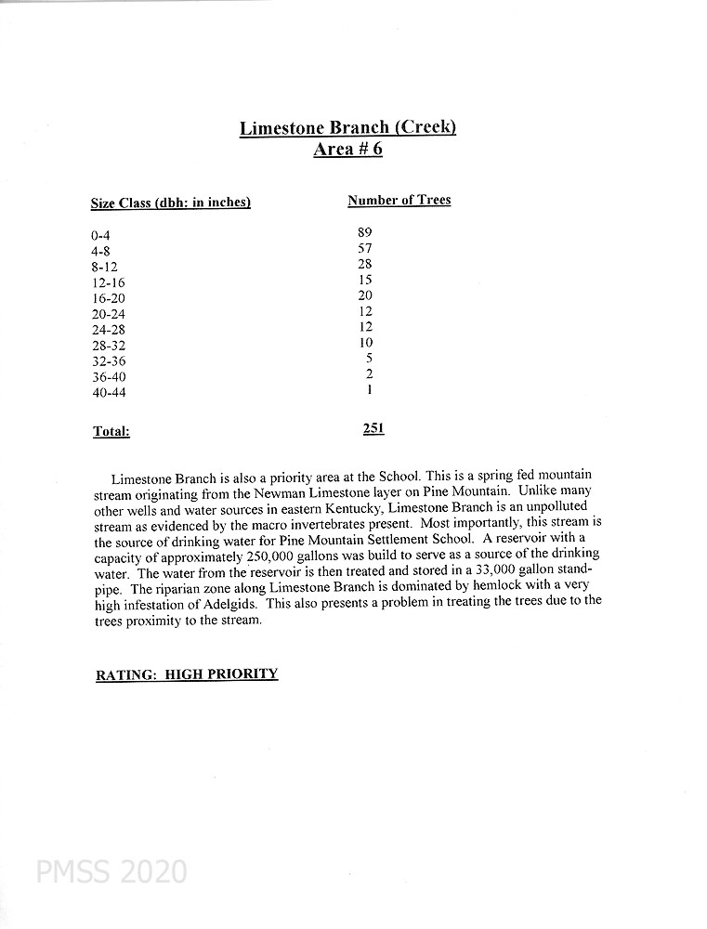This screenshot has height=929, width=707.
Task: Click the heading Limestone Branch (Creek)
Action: point(347,127)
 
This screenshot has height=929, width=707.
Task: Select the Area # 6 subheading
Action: point(347,150)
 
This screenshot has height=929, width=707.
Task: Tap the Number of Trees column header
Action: point(399,200)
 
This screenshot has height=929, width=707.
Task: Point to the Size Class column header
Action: point(171,203)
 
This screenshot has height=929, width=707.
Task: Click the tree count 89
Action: point(364,232)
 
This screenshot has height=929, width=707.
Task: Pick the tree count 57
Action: point(364,248)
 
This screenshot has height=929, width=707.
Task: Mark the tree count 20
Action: point(365,295)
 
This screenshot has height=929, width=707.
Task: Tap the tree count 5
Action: point(369,359)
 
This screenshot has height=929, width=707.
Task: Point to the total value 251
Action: point(373,428)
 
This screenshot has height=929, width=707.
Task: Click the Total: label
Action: point(111,431)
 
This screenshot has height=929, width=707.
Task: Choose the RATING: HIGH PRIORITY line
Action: point(187,674)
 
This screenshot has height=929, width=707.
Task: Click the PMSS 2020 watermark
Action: point(111,871)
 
